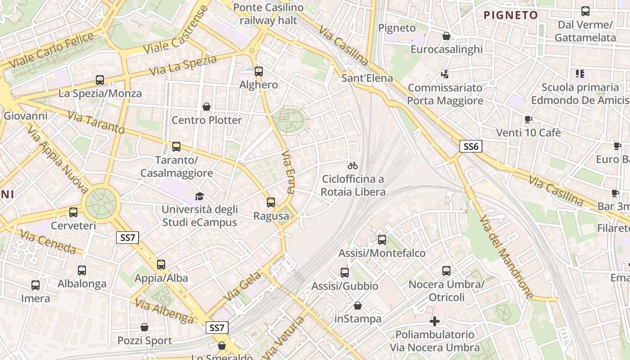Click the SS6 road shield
[x=471, y=146]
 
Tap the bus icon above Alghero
[x=258, y=71]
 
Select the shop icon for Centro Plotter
[x=207, y=107]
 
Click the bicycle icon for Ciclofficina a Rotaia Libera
[x=353, y=166]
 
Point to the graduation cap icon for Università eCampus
[x=199, y=196]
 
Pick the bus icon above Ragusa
[x=270, y=202]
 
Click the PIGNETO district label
[x=510, y=15]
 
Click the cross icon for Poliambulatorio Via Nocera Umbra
[x=434, y=321]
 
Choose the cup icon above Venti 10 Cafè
[x=528, y=119]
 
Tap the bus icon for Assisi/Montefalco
[x=382, y=239]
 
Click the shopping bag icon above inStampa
[x=358, y=306]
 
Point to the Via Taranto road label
[x=96, y=122]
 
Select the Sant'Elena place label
[x=367, y=78]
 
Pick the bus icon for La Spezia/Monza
[x=100, y=80]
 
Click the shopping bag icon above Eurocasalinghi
[x=446, y=36]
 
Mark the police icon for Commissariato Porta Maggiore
[x=445, y=74]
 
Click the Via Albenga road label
[x=164, y=310]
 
